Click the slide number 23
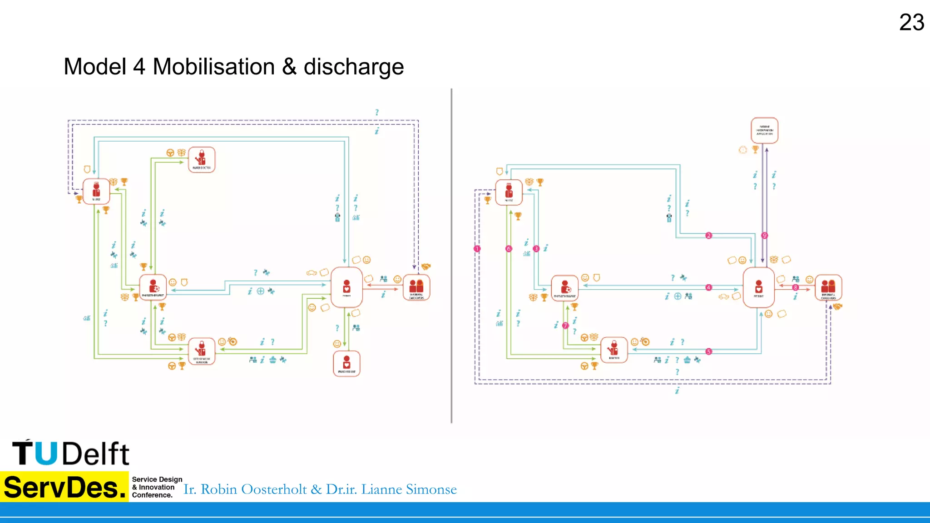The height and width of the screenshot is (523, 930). [911, 22]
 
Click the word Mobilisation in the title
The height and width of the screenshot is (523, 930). [213, 67]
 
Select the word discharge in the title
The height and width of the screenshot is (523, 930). [353, 68]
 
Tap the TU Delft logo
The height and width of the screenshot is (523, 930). [71, 453]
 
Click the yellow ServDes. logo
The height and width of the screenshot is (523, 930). [64, 487]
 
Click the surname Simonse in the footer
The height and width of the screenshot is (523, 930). [431, 489]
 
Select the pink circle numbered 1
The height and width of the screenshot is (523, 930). [477, 249]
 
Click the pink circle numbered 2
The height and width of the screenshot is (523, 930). [708, 235]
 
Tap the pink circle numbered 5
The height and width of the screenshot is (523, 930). [708, 351]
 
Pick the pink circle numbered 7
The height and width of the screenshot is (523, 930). [565, 326]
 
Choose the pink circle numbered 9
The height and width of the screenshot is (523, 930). [764, 235]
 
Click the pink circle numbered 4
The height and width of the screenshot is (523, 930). [708, 287]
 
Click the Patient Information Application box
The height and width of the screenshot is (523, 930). [764, 130]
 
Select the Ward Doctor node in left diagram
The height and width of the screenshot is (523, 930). [202, 159]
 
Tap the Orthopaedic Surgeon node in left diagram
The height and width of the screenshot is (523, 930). [202, 351]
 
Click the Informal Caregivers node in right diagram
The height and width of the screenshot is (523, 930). [828, 287]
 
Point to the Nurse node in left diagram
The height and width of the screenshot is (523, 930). [96, 191]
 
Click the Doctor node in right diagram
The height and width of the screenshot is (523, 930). [614, 350]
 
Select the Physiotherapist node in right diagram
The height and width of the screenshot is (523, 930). [564, 288]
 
